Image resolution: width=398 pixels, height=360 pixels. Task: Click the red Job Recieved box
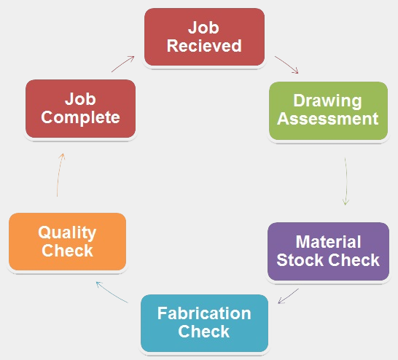click(x=204, y=37)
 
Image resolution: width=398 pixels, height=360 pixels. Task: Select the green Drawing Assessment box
click(x=328, y=111)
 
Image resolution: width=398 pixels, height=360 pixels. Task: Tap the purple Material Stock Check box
click(x=328, y=251)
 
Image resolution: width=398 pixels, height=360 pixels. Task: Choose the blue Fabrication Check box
click(x=204, y=323)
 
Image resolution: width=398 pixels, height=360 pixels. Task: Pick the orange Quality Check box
click(x=67, y=241)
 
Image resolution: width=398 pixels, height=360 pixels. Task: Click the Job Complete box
click(x=80, y=109)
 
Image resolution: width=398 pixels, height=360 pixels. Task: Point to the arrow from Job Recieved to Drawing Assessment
click(x=286, y=64)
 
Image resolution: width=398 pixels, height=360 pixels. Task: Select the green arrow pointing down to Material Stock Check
click(x=346, y=181)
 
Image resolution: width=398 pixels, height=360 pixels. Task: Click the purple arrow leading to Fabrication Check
click(x=288, y=296)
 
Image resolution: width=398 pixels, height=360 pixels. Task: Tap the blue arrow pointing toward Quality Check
click(x=112, y=292)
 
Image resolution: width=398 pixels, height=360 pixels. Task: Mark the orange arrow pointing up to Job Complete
click(x=59, y=175)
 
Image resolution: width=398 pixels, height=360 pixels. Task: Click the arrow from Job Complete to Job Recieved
click(x=122, y=63)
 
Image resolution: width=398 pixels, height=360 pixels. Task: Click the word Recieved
click(x=204, y=46)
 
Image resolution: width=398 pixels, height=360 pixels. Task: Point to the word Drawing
click(x=327, y=101)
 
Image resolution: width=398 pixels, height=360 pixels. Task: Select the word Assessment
click(x=328, y=119)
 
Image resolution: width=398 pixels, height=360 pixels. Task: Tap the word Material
click(x=328, y=241)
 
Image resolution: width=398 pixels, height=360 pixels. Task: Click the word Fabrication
click(x=204, y=313)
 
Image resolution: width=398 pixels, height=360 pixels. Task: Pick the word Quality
click(x=67, y=232)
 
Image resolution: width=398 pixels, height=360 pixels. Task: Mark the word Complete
click(x=80, y=118)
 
